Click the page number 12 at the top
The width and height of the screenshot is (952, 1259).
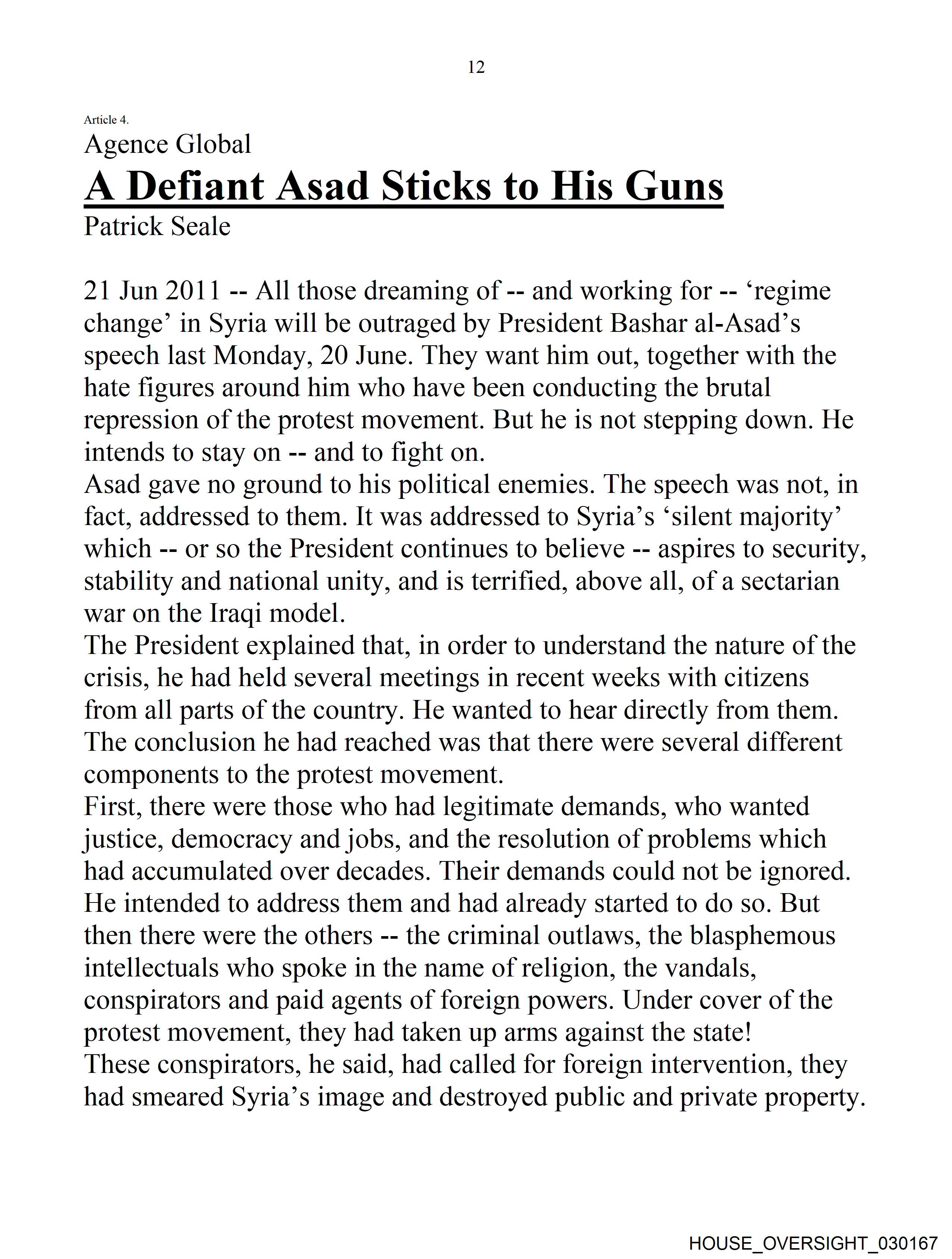[476, 67]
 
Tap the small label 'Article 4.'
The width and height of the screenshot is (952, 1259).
[106, 120]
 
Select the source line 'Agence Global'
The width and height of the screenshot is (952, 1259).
[167, 145]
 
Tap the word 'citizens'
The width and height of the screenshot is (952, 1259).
[766, 678]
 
